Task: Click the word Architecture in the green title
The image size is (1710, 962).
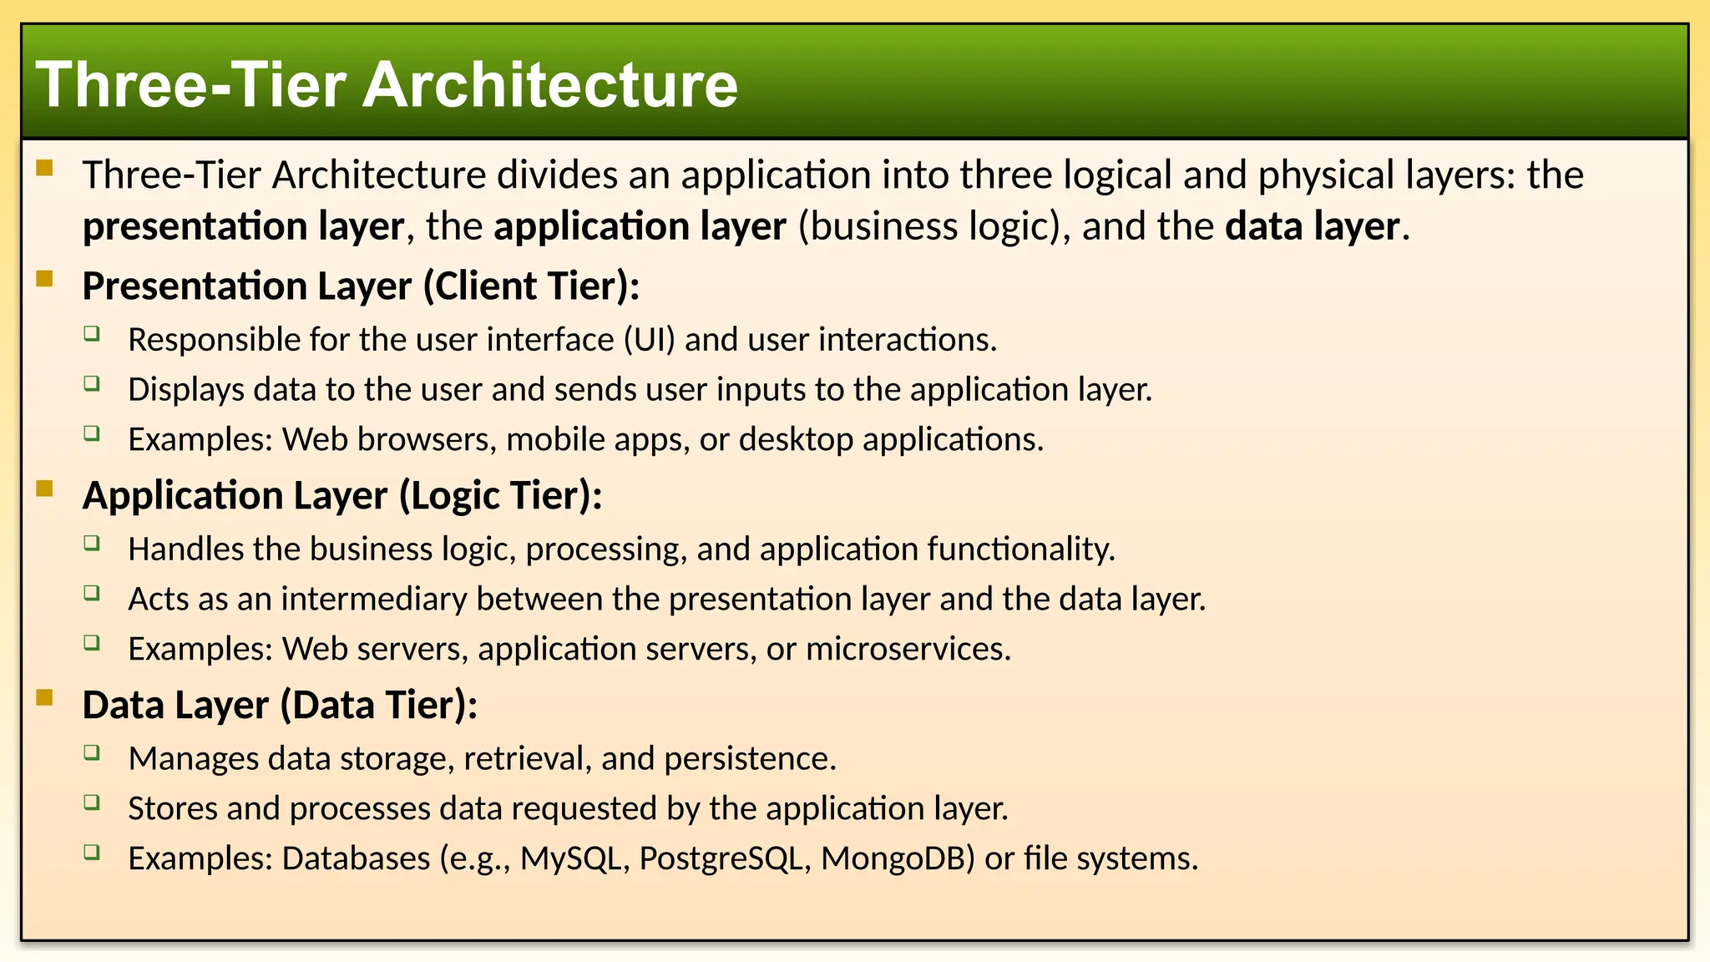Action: pos(550,85)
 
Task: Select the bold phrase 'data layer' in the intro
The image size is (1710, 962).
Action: pos(1312,226)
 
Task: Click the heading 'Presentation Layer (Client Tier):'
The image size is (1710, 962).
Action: pos(361,286)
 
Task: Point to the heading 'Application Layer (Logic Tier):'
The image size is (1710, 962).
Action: pos(342,495)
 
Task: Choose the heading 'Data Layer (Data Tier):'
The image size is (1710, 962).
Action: pos(280,705)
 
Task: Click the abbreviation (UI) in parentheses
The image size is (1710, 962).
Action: pos(649,340)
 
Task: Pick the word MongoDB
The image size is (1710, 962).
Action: pos(898,858)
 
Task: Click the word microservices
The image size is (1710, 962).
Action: pos(908,649)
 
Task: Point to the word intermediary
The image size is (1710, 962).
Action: pos(373,599)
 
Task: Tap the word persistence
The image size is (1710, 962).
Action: pos(750,758)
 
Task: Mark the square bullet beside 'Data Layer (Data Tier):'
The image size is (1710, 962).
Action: pos(45,696)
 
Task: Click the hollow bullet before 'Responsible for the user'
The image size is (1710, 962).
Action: pos(92,334)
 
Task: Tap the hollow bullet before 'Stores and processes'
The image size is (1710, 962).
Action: pos(92,803)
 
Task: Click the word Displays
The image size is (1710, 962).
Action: pos(186,389)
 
